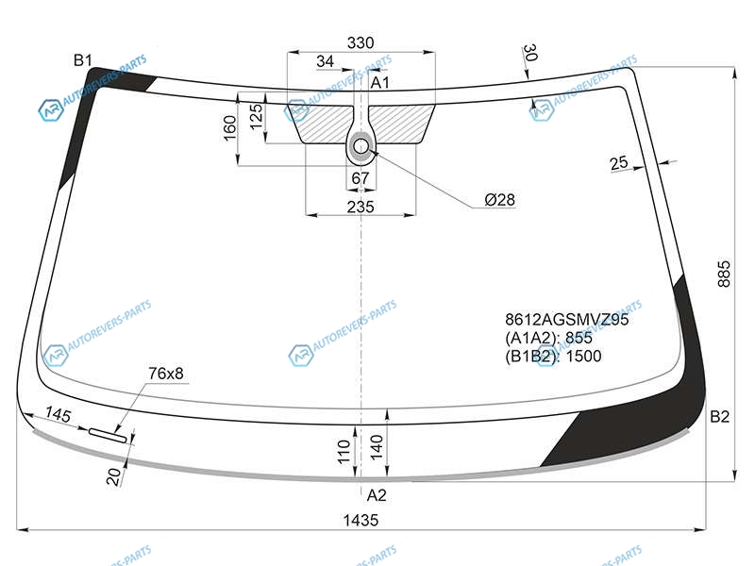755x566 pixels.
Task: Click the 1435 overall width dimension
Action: [x=361, y=521]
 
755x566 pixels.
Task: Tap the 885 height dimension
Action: [x=724, y=275]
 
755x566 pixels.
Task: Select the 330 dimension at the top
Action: [x=361, y=42]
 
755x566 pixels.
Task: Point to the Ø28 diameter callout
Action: [x=500, y=199]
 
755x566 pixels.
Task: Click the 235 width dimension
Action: [x=361, y=207]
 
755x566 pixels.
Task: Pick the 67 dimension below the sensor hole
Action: [x=361, y=178]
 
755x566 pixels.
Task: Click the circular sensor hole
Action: [x=361, y=146]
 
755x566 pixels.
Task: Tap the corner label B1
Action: [x=83, y=60]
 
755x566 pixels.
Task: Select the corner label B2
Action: [x=719, y=417]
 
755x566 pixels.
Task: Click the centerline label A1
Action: [x=380, y=83]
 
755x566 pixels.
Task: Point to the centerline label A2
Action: [x=377, y=495]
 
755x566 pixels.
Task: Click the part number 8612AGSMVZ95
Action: [x=567, y=320]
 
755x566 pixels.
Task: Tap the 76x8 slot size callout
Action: [x=166, y=374]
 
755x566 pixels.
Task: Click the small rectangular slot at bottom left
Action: [x=109, y=435]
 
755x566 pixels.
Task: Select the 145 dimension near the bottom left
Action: [x=58, y=414]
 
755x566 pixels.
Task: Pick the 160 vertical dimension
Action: [x=230, y=127]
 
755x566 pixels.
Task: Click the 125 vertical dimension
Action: [x=256, y=116]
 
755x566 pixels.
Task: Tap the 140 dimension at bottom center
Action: [x=377, y=446]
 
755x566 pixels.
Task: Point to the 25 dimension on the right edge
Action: [x=619, y=162]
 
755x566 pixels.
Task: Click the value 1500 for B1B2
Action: [x=583, y=357]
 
